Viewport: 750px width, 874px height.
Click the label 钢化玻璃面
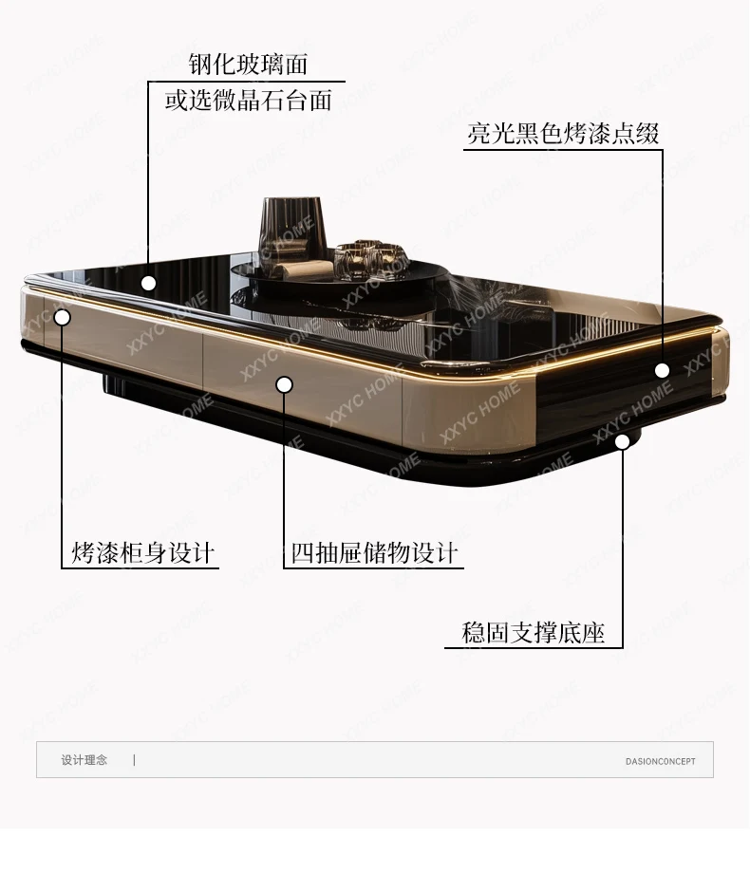point(249,65)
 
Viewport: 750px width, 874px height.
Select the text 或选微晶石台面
point(249,100)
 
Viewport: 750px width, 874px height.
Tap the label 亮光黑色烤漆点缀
point(563,134)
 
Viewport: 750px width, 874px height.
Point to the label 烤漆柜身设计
point(142,552)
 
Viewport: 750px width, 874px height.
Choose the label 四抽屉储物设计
point(374,552)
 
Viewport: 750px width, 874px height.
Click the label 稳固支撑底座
point(533,633)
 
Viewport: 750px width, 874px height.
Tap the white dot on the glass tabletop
point(148,283)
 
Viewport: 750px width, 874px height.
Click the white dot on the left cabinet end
point(62,317)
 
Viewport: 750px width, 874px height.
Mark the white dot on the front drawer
point(284,384)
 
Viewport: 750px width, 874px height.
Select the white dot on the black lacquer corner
point(662,370)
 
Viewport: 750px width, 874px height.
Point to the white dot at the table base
point(623,441)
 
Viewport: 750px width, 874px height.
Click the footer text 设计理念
point(84,760)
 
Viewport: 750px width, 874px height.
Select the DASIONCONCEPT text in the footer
point(660,761)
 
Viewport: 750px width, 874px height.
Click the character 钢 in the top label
point(199,65)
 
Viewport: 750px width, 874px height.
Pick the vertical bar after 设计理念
point(134,760)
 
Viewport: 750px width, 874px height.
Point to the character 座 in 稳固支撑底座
point(593,633)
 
